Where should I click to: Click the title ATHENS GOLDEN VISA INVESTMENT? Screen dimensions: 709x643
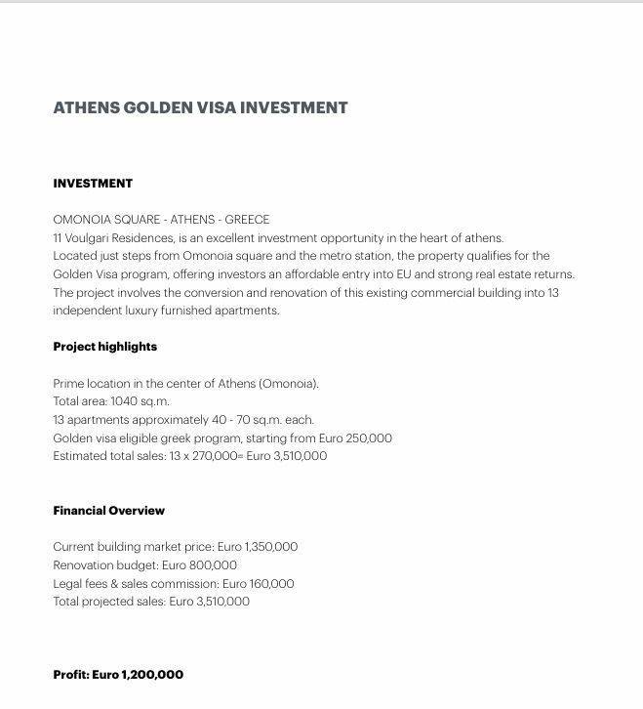(200, 107)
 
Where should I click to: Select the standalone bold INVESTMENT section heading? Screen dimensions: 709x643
(93, 184)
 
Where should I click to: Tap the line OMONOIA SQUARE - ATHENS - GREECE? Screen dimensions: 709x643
(161, 220)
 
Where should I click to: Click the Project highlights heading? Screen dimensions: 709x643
(104, 347)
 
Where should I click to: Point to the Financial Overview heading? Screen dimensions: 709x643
(108, 511)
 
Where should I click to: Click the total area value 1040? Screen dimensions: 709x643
(124, 401)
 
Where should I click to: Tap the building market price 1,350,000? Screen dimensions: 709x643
(264, 547)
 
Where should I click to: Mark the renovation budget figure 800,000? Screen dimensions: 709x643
(214, 565)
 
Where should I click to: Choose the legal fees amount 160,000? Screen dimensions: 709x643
(269, 584)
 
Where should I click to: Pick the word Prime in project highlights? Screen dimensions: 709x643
(68, 384)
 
